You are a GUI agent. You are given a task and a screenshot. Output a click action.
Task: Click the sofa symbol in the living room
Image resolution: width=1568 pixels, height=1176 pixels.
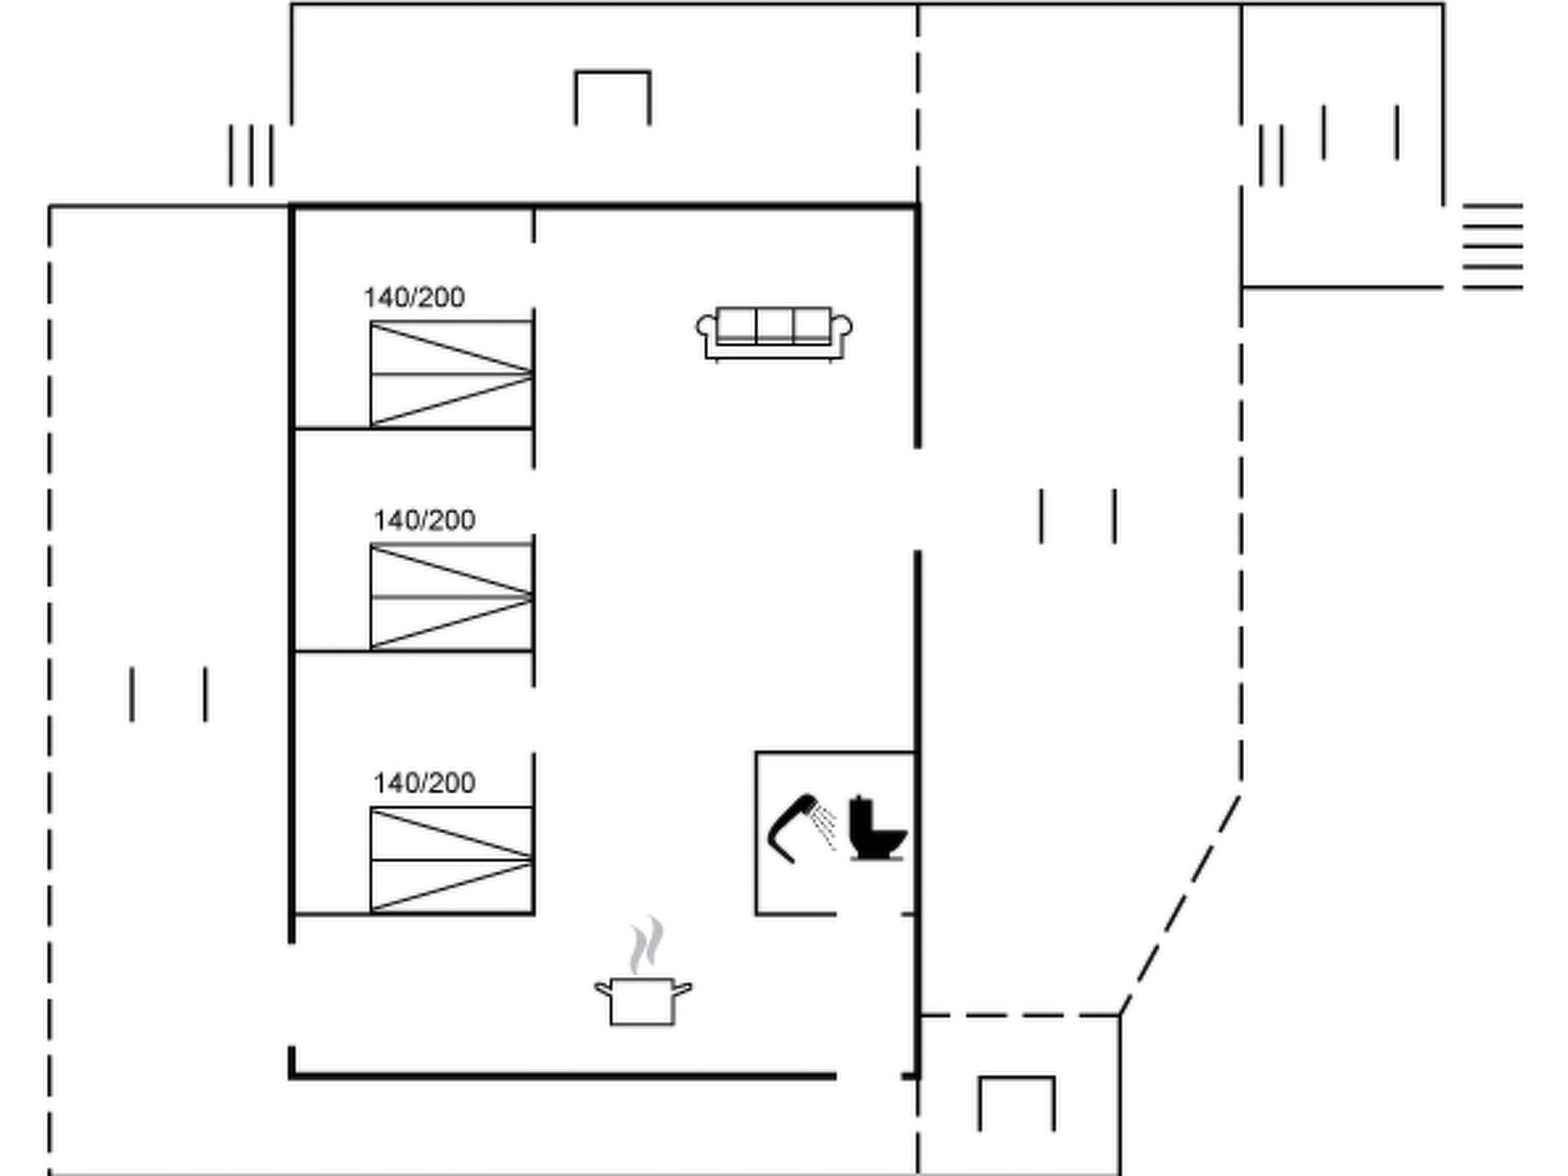[774, 333]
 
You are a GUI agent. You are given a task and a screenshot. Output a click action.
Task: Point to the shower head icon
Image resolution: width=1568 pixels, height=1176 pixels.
[792, 827]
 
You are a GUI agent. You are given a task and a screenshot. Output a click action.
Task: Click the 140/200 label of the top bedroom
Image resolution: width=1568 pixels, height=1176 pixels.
[414, 297]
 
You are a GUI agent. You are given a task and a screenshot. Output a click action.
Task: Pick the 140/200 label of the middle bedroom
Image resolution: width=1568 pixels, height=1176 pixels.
[424, 521]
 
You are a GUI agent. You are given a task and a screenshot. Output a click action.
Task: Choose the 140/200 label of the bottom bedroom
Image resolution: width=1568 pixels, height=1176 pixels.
[424, 782]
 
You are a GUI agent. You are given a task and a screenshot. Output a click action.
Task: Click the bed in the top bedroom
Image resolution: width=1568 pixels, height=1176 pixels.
[451, 374]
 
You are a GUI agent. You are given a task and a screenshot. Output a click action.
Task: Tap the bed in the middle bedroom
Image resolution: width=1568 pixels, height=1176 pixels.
[451, 596]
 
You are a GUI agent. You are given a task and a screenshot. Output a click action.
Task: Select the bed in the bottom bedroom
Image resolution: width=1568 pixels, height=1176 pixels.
[451, 859]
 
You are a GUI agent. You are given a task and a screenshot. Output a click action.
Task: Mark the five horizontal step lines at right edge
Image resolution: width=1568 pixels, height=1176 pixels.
[1492, 247]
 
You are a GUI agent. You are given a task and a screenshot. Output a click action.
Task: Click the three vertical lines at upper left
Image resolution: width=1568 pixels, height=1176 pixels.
[250, 155]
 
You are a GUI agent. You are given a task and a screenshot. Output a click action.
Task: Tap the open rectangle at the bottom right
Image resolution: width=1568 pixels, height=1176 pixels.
[1016, 1103]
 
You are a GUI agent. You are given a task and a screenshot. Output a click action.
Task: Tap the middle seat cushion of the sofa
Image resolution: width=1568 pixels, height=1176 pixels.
[774, 325]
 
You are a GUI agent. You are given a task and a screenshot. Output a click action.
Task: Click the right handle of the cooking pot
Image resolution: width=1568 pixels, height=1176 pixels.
[682, 990]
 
